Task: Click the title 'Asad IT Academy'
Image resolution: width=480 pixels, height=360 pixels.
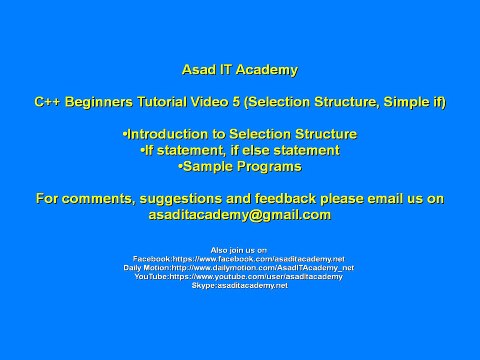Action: pos(240,70)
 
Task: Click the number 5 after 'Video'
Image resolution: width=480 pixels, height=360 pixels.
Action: pos(236,102)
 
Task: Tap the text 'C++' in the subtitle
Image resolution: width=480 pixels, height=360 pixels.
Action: pos(47,102)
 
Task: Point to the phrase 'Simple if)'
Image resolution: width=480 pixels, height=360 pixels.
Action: pos(415,102)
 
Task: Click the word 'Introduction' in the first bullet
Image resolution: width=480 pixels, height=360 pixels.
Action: pos(168,134)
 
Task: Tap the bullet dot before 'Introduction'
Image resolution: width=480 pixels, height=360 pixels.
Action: pos(125,135)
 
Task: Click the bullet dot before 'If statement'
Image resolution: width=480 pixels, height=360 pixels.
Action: pos(143,151)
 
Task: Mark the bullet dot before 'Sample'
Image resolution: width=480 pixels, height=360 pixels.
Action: pos(181,167)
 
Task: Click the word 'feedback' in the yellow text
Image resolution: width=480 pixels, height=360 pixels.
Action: pos(285,199)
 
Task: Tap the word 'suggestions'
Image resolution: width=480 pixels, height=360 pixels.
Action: pos(181,199)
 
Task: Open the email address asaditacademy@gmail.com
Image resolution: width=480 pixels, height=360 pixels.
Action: pos(240,215)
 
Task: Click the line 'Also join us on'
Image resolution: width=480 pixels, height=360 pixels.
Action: pos(239,250)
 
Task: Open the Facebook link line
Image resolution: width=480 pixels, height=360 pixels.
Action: pos(239,259)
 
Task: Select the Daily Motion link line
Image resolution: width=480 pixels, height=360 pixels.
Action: pos(239,268)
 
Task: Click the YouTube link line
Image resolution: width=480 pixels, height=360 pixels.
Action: pos(239,277)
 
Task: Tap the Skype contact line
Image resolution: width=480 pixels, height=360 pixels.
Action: pos(240,286)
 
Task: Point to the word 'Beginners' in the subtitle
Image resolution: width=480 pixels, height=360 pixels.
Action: pos(99,102)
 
